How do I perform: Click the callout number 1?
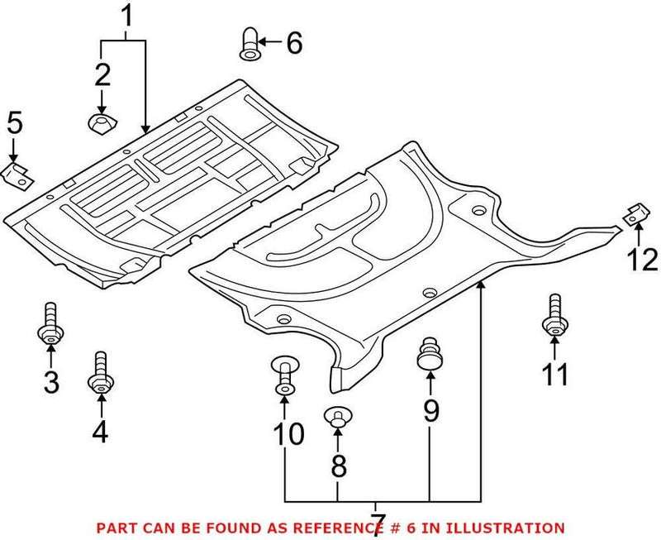click(126, 16)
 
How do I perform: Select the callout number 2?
click(102, 75)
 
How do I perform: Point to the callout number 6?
click(293, 41)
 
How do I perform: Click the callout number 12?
click(642, 260)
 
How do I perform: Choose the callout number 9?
click(431, 409)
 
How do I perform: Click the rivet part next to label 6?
click(249, 42)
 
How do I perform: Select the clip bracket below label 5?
click(17, 173)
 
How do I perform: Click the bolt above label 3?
click(50, 326)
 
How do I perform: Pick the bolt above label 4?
click(101, 374)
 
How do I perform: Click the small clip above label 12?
click(635, 213)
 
